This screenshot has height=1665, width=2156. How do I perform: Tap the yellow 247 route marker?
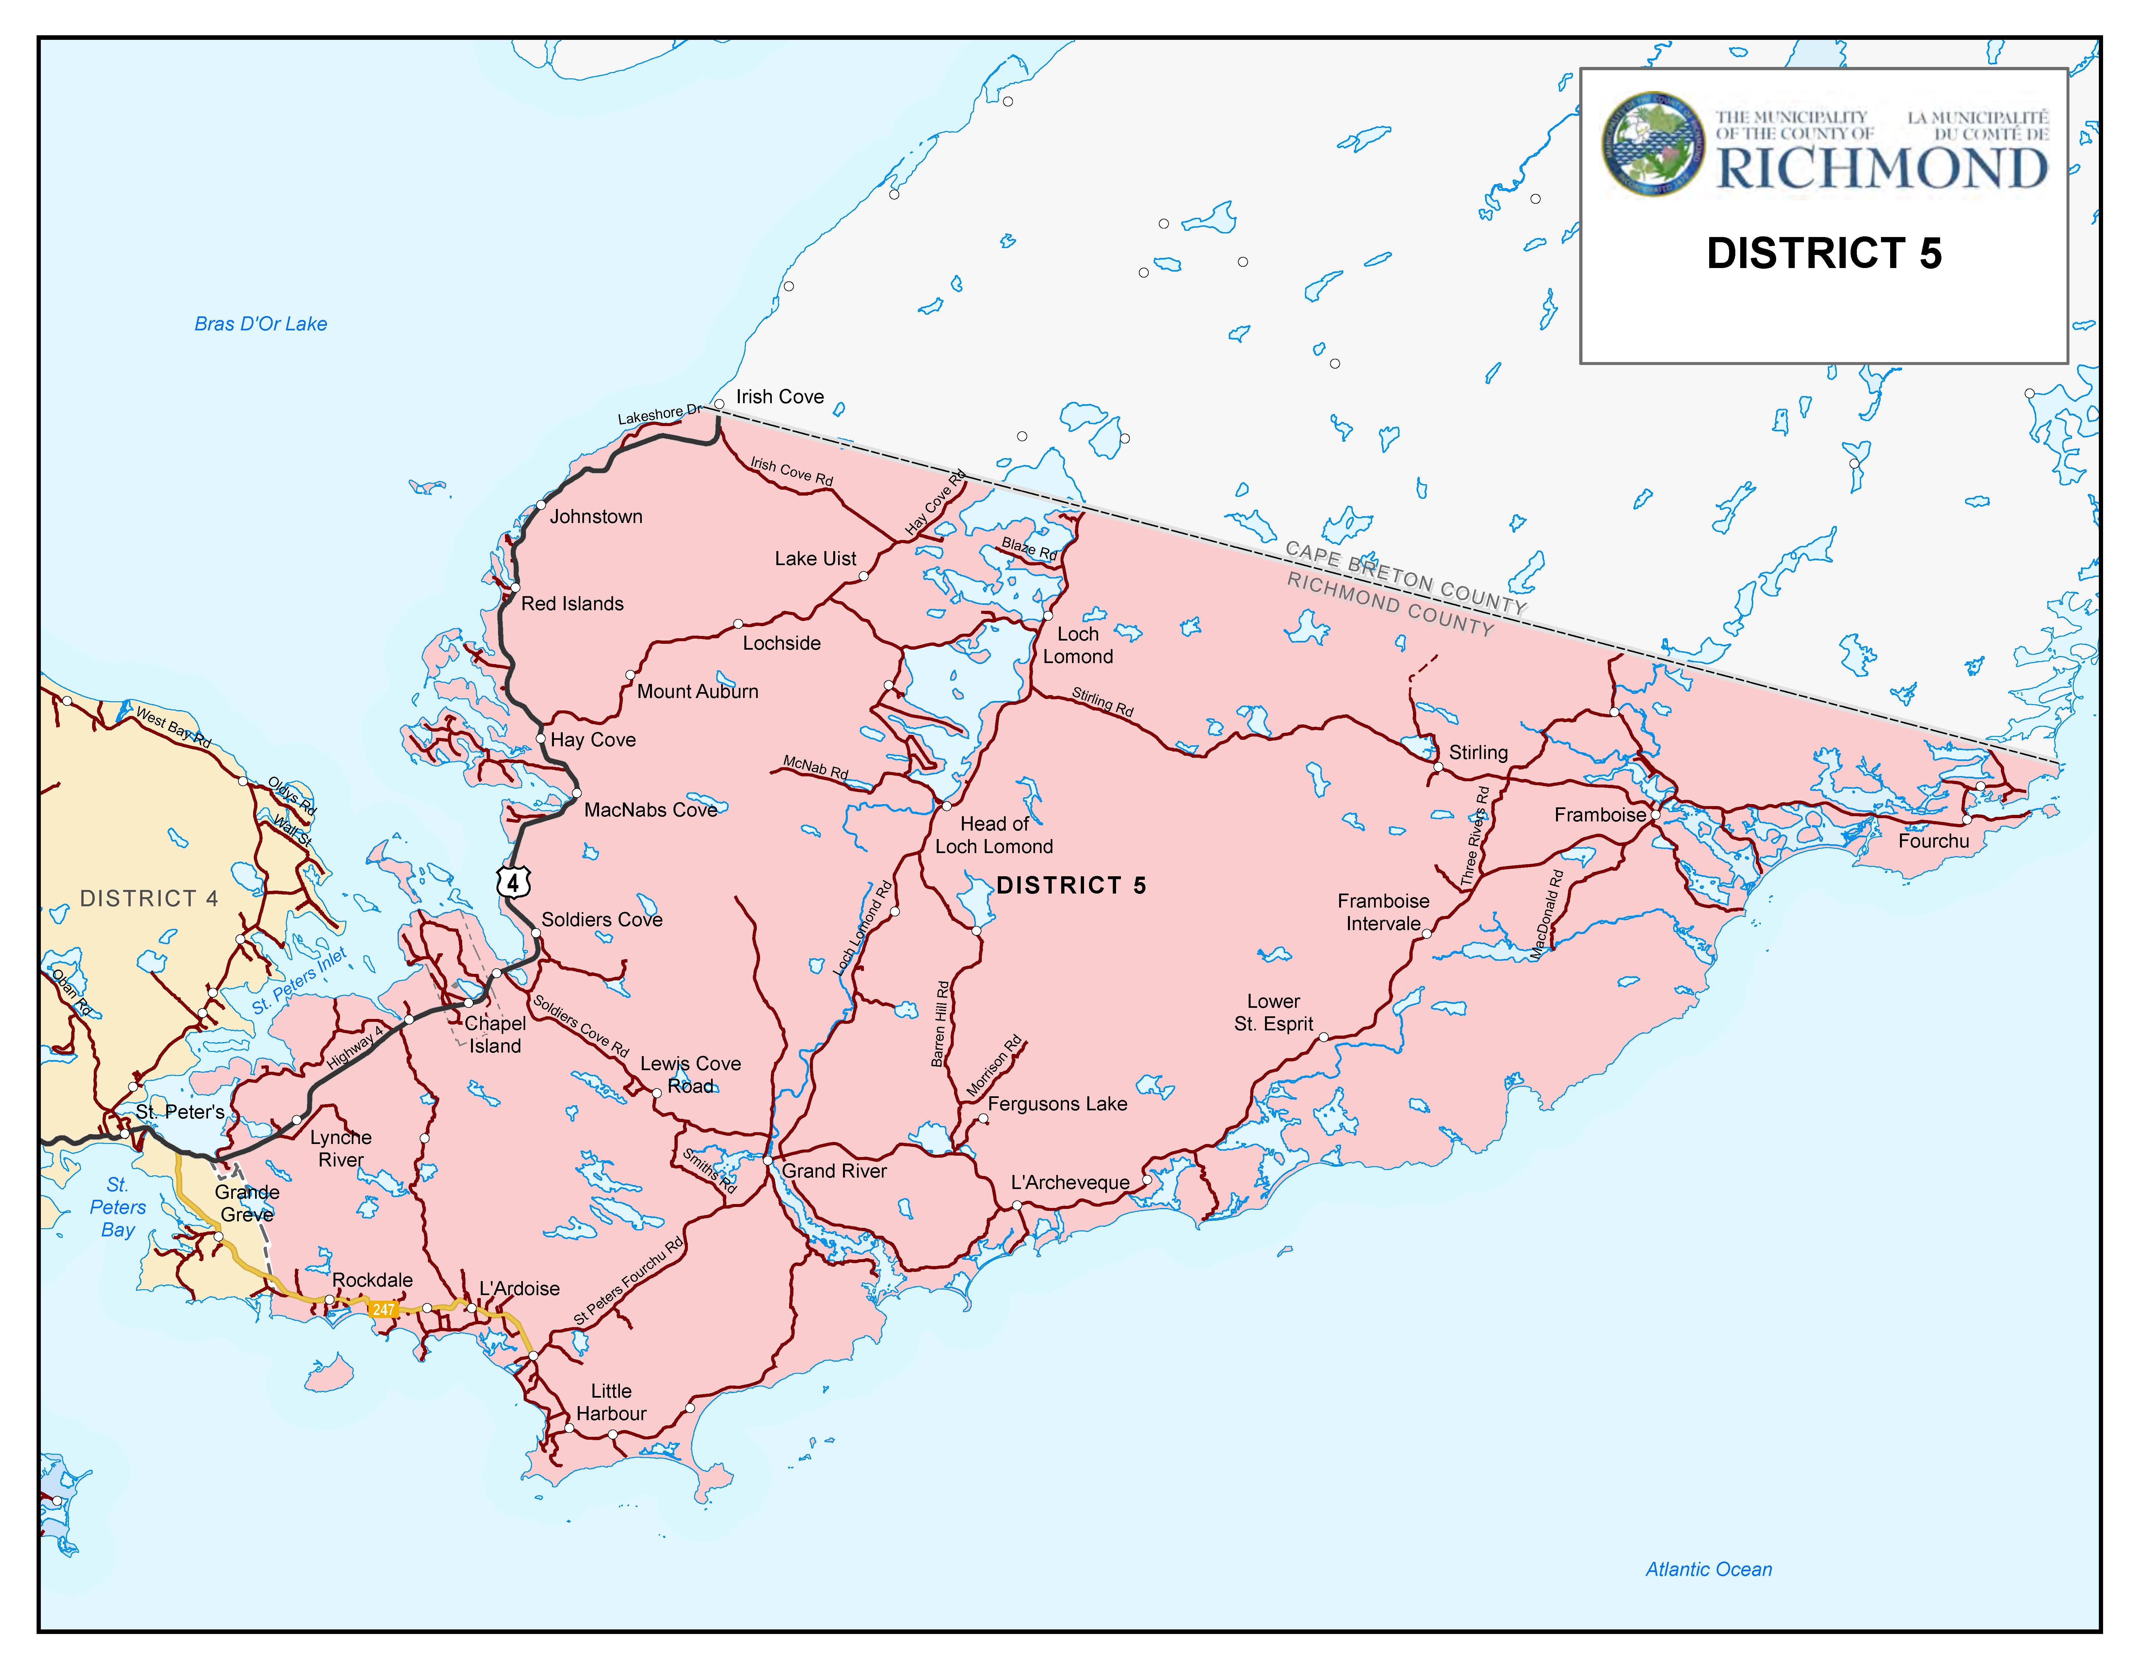coord(383,1310)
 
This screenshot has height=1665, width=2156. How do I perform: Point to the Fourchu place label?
coord(1933,841)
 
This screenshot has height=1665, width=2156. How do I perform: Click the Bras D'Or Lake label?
coord(261,324)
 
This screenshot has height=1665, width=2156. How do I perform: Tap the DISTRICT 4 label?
coord(149,898)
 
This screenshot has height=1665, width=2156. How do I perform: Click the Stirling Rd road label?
coord(1103,702)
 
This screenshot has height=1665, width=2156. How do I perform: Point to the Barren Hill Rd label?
coord(941,1023)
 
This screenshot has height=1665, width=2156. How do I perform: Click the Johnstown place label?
coord(596,516)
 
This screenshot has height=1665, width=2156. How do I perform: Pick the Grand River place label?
coord(834,1171)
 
